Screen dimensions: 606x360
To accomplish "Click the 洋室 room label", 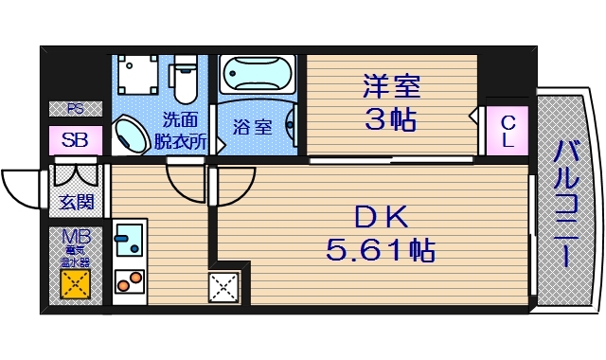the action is tap(390, 86).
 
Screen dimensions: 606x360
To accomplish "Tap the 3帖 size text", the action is tap(390, 120).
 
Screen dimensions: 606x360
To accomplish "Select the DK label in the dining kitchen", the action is tap(381, 219).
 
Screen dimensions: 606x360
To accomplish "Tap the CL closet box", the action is tap(508, 132).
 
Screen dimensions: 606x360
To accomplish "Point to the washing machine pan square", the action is tap(142, 77).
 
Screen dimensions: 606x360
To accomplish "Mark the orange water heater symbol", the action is tap(74, 282).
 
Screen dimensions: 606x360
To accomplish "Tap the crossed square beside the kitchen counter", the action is tap(223, 285).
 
